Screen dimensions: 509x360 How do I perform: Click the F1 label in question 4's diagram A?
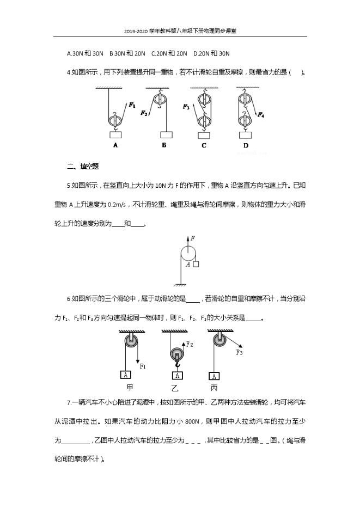pyautogui.click(x=132, y=105)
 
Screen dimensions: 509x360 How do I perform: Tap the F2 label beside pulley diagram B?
pyautogui.click(x=144, y=113)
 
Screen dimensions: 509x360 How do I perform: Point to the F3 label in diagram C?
pyautogui.click(x=186, y=107)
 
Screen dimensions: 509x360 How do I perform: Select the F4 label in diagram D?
pyautogui.click(x=261, y=115)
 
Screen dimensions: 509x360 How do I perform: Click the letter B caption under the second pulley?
pyautogui.click(x=164, y=145)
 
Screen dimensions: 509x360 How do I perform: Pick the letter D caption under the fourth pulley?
pyautogui.click(x=246, y=145)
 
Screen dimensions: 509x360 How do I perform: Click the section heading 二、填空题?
pyautogui.click(x=82, y=166)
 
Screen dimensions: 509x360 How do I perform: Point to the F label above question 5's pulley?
pyautogui.click(x=193, y=238)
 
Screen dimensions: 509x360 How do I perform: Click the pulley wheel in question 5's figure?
pyautogui.click(x=187, y=254)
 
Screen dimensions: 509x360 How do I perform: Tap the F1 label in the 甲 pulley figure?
pyautogui.click(x=143, y=367)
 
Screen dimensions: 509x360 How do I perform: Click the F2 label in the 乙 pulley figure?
pyautogui.click(x=190, y=345)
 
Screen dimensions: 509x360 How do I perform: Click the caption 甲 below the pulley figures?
pyautogui.click(x=130, y=388)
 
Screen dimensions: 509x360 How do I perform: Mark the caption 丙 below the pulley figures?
pyautogui.click(x=214, y=388)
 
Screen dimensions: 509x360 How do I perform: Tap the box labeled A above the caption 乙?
pyautogui.click(x=176, y=375)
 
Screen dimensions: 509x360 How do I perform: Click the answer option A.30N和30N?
pyautogui.click(x=85, y=53)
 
